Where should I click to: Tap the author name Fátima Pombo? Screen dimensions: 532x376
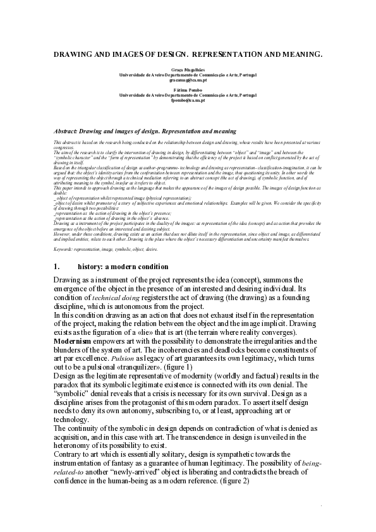click(x=188, y=90)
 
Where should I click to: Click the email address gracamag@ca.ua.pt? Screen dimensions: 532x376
click(x=188, y=81)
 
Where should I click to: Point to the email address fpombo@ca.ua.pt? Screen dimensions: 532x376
click(x=188, y=100)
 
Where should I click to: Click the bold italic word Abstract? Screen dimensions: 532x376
click(x=70, y=131)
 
